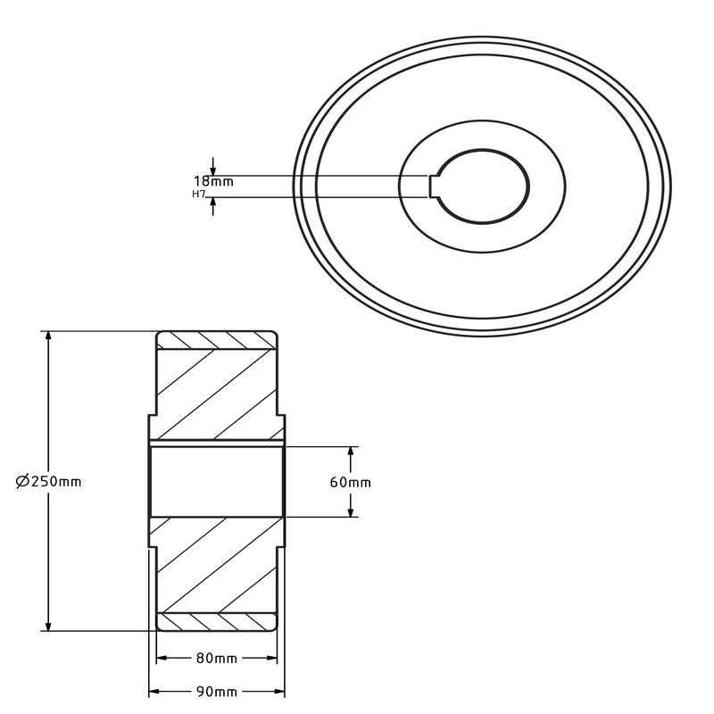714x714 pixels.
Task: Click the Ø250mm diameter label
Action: pos(49,481)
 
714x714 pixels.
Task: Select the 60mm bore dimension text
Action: pos(351,482)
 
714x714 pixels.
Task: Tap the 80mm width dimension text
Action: pos(217,659)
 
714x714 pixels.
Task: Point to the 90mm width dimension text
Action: pos(217,692)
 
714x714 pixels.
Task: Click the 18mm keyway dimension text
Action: pos(213,181)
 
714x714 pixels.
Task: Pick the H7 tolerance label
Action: pos(199,194)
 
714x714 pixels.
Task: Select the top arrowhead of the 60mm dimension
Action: pos(352,452)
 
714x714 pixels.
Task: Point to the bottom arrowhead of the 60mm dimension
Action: pos(352,511)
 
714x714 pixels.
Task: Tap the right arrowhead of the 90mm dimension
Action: pos(280,692)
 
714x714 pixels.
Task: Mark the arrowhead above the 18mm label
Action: pos(213,170)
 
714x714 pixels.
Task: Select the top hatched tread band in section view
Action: pos(217,340)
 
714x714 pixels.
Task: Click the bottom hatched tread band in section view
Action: pos(217,622)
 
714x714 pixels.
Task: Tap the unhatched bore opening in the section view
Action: pos(217,482)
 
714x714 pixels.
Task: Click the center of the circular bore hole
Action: pos(482,186)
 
